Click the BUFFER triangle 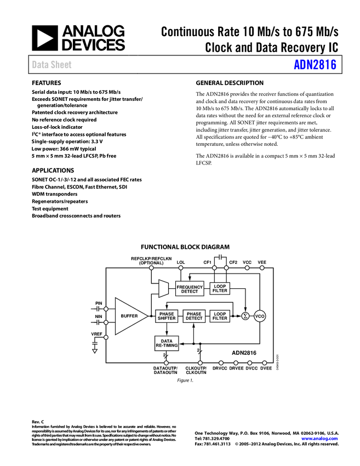coord(128,316)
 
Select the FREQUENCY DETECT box coord(190,289)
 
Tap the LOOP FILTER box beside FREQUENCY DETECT coord(220,288)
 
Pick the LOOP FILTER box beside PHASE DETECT coord(220,316)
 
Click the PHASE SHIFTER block coord(167,316)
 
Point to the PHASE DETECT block coord(194,316)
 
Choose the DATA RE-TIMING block coord(167,343)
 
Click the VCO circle coord(260,316)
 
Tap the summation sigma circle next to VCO coord(245,316)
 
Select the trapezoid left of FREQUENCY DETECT coord(163,288)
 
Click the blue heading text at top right coord(315,65)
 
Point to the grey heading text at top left coord(52,65)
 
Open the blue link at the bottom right coord(319,439)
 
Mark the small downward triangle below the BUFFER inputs coord(95,351)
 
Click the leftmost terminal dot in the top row coord(151,268)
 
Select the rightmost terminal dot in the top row coord(262,268)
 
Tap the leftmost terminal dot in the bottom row coord(166,363)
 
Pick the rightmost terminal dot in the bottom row coord(264,363)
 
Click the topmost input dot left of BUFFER coord(106,309)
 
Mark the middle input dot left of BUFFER coord(106,322)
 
